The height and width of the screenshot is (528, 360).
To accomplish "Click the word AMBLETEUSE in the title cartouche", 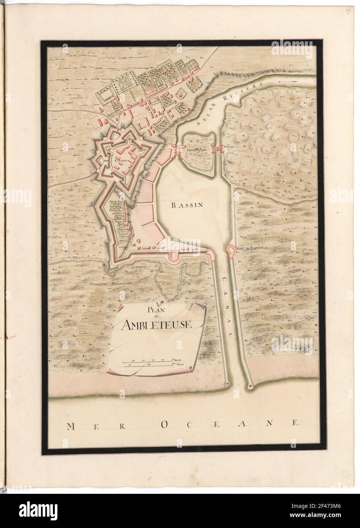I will click(157, 324).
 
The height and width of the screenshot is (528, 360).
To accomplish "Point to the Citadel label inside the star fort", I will click(121, 161).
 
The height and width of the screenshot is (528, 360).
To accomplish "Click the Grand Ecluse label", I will click(196, 150).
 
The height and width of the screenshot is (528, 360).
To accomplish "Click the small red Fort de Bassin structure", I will click(230, 250).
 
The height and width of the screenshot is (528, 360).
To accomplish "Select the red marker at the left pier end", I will click(227, 384).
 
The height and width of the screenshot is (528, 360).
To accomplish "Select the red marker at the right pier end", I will click(250, 386).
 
